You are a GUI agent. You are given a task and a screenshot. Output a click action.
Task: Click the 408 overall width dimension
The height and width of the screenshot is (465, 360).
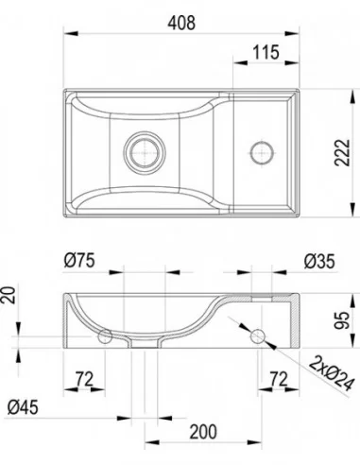pos(181,23)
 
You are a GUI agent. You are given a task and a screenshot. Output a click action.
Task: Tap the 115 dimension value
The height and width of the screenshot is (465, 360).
pos(266,52)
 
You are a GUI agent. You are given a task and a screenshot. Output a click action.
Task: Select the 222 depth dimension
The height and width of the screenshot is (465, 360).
pos(342,152)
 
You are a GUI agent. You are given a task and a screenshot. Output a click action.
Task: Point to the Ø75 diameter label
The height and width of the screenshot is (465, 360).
pos(79,261)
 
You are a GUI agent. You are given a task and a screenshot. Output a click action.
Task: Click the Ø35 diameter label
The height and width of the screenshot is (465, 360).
pos(319,262)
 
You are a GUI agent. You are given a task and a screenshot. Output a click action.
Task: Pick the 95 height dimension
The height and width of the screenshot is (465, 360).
pos(342,320)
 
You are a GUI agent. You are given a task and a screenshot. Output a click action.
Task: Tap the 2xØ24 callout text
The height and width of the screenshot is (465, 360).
pos(331,373)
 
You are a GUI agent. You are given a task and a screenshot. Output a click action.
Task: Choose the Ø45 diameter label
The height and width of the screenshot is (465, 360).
pos(23,407)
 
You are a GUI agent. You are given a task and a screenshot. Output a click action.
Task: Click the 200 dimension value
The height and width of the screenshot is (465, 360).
pos(203,432)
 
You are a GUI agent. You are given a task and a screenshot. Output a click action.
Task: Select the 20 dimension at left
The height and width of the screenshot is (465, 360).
pos(9,295)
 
